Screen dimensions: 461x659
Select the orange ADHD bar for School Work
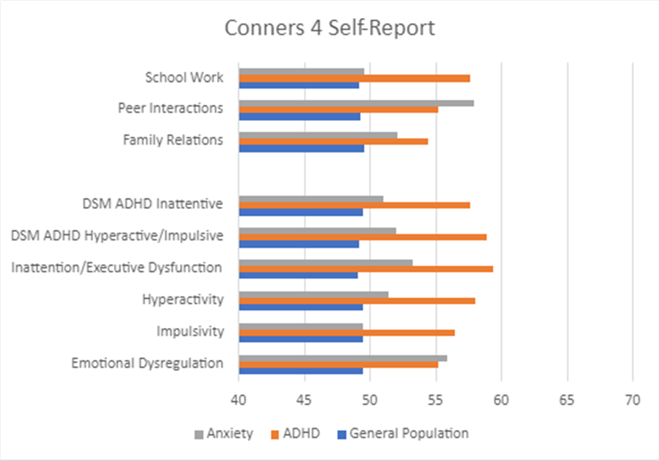354,78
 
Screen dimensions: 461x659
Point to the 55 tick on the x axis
436,400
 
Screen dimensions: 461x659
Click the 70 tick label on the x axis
633,400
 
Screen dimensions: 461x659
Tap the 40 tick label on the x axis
239,400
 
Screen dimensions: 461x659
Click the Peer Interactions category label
170,108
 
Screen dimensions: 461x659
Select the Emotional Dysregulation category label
147,363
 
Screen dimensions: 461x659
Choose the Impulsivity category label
190,332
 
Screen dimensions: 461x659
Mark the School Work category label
185,77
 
